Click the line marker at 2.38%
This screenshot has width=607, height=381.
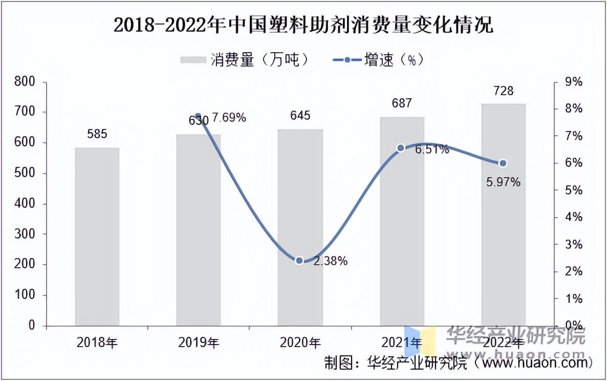[300, 261]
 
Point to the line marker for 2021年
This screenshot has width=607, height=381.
[401, 148]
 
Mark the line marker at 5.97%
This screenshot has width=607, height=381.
[503, 163]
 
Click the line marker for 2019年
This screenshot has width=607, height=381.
[199, 116]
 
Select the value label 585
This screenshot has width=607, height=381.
[97, 135]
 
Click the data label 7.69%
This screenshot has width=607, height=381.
[229, 118]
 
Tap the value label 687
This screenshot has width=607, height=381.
[402, 103]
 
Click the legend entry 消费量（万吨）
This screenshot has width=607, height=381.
[246, 60]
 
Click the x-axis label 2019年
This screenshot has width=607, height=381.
[199, 343]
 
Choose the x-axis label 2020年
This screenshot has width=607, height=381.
[300, 343]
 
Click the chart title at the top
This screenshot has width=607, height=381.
[303, 25]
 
